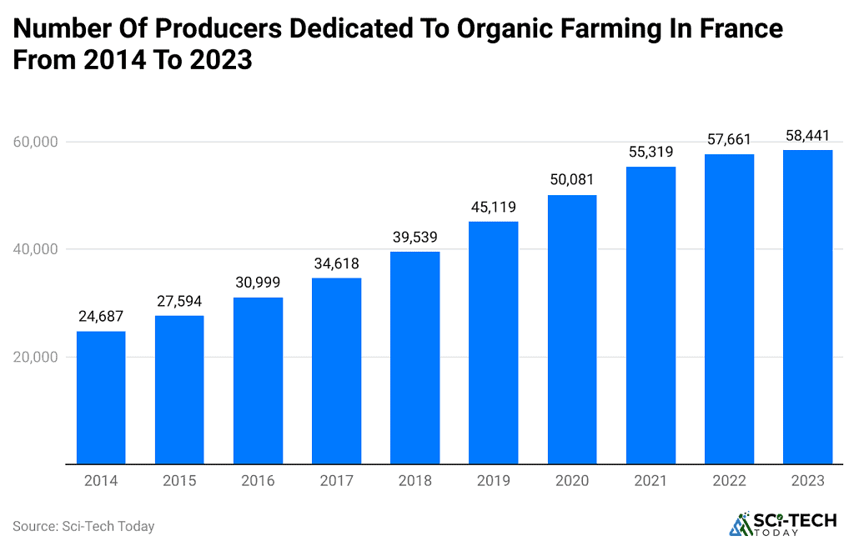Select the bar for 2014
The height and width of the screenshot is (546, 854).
click(101, 398)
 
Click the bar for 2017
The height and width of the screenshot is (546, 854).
click(336, 371)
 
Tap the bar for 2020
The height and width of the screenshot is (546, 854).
click(572, 329)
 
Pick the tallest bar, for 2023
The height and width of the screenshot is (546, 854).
click(807, 307)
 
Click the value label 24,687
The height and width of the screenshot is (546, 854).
click(101, 317)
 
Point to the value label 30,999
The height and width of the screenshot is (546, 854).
click(258, 283)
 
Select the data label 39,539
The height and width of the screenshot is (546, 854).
click(414, 237)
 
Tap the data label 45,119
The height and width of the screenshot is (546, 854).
click(493, 207)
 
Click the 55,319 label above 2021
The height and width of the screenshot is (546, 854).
click(651, 152)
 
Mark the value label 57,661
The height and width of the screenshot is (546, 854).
click(729, 139)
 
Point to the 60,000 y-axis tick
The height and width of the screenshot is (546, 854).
click(35, 142)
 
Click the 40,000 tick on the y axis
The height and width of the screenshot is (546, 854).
click(35, 249)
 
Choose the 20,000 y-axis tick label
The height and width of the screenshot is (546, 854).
click(35, 357)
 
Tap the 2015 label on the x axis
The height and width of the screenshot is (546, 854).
click(179, 481)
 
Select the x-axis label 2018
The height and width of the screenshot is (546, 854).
click(414, 481)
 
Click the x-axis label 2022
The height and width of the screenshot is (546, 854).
click(729, 481)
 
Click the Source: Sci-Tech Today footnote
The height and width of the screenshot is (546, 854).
click(83, 526)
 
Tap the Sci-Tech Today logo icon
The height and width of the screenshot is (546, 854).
click(740, 523)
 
